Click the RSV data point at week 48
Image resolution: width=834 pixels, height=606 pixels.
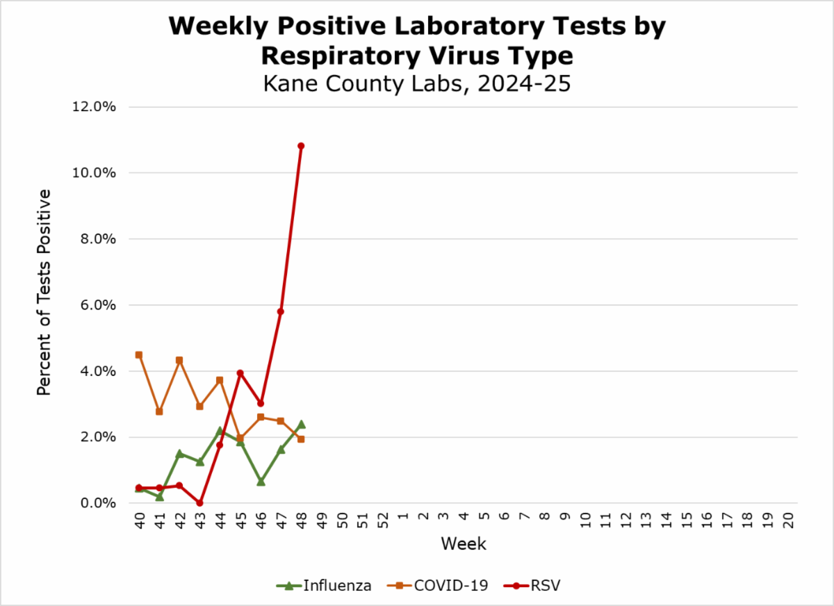click(x=301, y=146)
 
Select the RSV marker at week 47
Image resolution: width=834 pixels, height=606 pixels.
click(x=281, y=311)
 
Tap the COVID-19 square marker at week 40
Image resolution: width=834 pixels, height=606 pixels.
click(x=139, y=355)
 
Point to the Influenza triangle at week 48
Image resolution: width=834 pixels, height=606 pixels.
click(x=301, y=424)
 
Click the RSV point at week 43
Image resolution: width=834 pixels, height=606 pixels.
click(x=199, y=502)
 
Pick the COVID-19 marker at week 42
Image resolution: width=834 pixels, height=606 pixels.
click(x=179, y=361)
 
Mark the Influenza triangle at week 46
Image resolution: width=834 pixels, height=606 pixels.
click(x=261, y=481)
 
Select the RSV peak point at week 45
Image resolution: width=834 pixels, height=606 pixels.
click(x=240, y=373)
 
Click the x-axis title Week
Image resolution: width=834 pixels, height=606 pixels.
click(x=464, y=543)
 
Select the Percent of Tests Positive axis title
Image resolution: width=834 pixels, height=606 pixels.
click(x=44, y=292)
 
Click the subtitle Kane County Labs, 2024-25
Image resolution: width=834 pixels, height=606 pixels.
click(x=417, y=83)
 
